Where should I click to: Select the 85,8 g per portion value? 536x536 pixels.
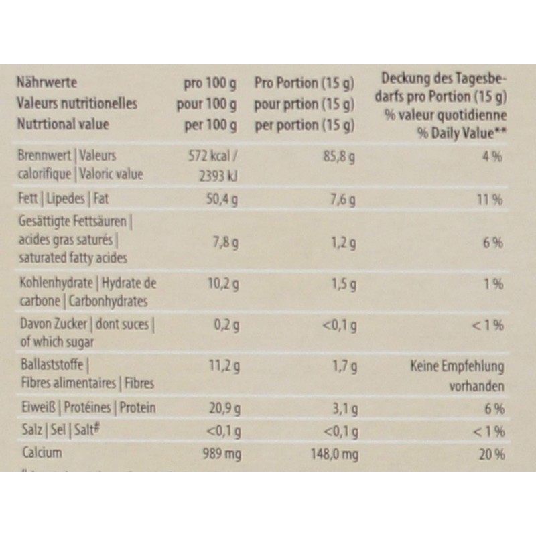pyautogui.click(x=339, y=156)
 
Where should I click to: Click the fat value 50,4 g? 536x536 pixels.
pyautogui.click(x=220, y=199)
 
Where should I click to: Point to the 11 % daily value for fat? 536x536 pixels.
pyautogui.click(x=492, y=199)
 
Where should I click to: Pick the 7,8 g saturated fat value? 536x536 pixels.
pyautogui.click(x=224, y=242)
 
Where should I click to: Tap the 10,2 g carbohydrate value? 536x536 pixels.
pyautogui.click(x=220, y=284)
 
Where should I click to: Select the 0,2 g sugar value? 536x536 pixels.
pyautogui.click(x=224, y=326)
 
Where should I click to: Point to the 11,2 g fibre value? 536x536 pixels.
pyautogui.click(x=220, y=366)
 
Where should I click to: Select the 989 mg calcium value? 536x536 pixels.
pyautogui.click(x=220, y=454)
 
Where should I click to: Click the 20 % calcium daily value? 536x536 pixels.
pyautogui.click(x=492, y=454)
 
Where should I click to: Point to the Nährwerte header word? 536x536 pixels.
pyautogui.click(x=46, y=83)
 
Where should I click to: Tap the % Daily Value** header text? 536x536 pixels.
pyautogui.click(x=462, y=133)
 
